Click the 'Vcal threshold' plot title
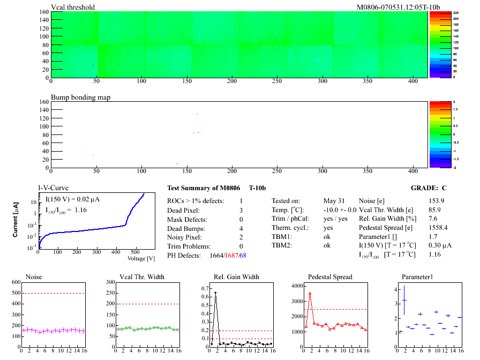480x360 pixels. pos(73,7)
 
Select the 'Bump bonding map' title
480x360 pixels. pos(80,98)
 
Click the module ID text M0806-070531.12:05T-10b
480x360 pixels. pos(399,7)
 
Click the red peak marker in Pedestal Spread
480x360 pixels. pos(310,294)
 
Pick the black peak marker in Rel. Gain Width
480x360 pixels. pos(215,293)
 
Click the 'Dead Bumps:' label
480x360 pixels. pos(185,228)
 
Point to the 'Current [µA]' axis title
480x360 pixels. pos(16,219)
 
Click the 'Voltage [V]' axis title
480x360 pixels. pos(141,258)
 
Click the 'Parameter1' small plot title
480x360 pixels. pos(417,277)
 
